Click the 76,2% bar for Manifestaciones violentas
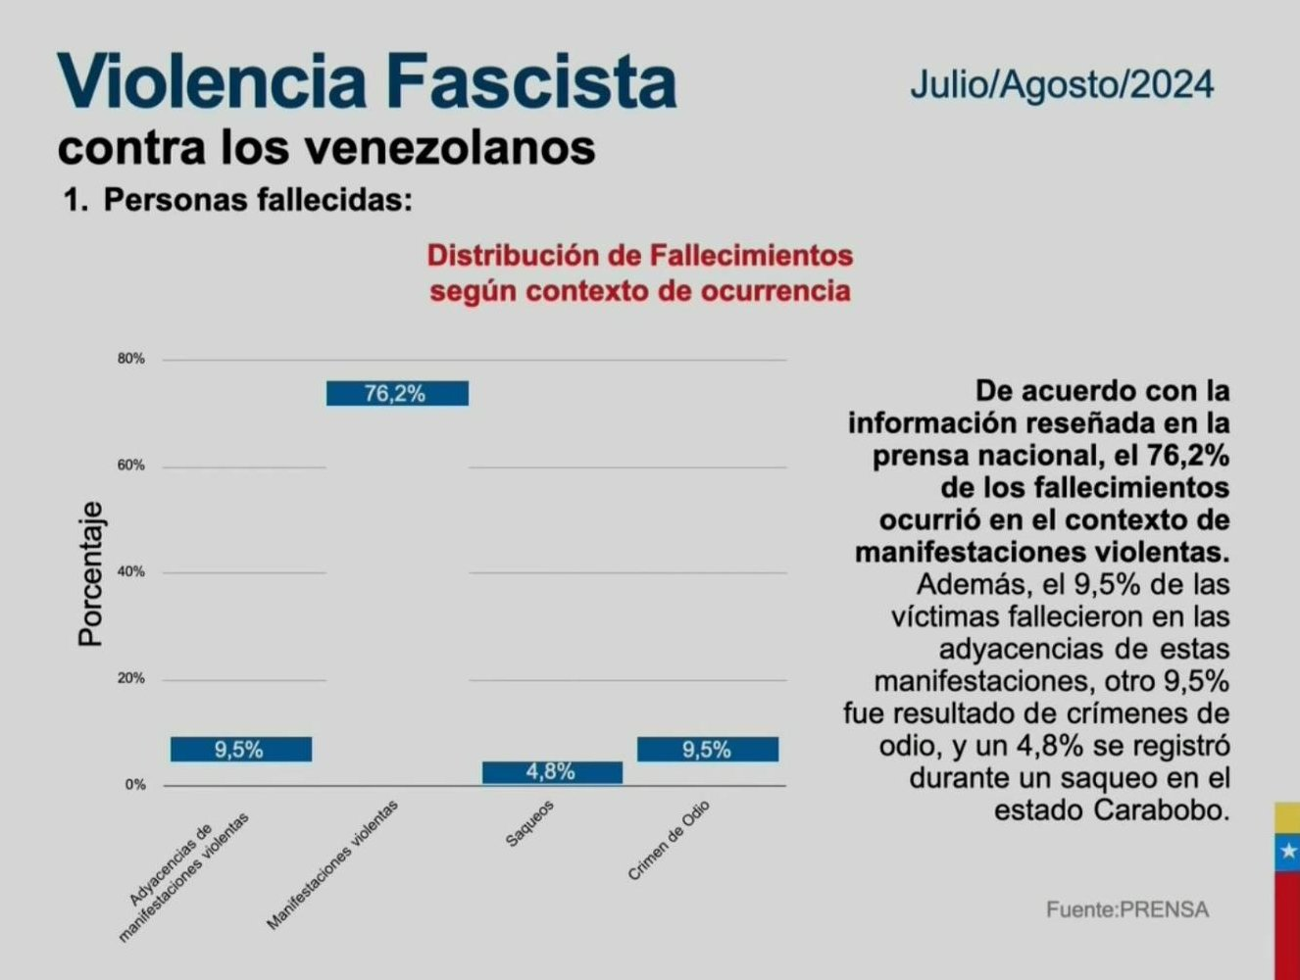tap(397, 393)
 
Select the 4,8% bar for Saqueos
tap(552, 772)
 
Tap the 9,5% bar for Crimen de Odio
tap(708, 750)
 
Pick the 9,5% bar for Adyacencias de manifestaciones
tap(241, 750)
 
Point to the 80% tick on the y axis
tap(131, 359)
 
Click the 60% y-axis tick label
tap(131, 465)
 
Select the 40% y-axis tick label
tap(131, 571)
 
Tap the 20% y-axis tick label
tap(131, 678)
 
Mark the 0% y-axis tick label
tap(135, 785)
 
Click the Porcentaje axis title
tap(91, 574)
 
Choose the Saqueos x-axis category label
tap(530, 825)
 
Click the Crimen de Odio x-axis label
tap(669, 841)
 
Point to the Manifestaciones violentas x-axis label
tap(333, 864)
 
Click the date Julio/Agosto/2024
tap(1062, 84)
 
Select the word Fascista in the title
tap(531, 82)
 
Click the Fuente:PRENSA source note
tap(1127, 909)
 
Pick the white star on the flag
tap(1288, 853)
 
